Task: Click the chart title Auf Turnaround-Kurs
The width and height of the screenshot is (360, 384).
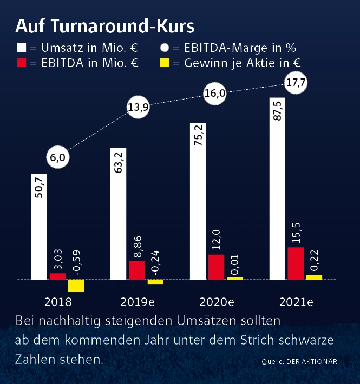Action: point(105,25)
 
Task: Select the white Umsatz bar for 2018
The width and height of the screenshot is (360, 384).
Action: point(39,227)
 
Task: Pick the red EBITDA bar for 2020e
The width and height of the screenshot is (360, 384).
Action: point(216,267)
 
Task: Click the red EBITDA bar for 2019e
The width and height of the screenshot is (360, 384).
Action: point(137,270)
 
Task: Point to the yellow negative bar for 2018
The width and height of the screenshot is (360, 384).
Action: point(76,286)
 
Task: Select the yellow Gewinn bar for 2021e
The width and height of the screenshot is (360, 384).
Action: point(314,277)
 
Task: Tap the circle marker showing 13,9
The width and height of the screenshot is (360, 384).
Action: point(138,107)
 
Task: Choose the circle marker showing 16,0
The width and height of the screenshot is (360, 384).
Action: point(214,93)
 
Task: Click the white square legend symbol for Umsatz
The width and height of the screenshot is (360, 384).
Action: point(22,47)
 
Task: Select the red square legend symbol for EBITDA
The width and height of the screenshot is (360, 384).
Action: point(22,63)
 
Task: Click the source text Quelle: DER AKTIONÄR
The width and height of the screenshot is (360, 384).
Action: point(299,361)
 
